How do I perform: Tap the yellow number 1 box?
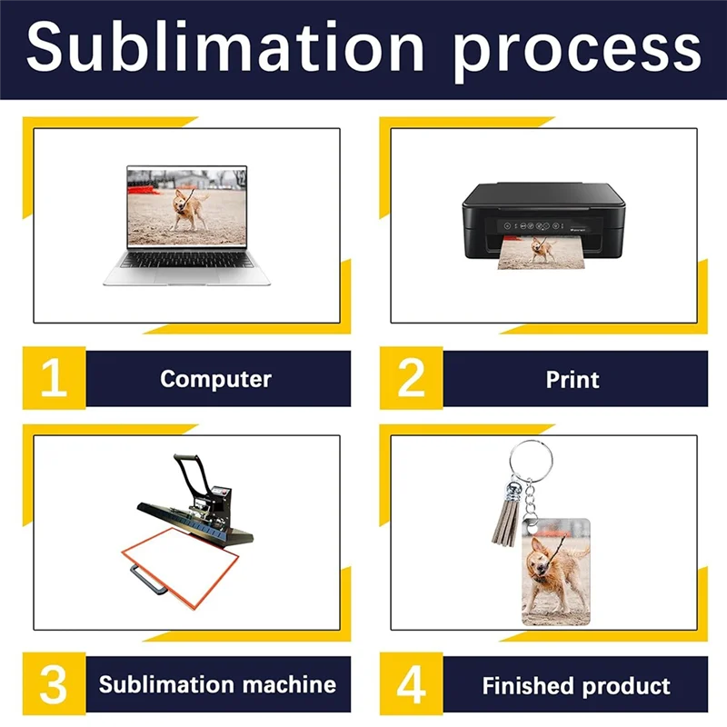click(54, 378)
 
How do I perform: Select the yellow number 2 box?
click(411, 378)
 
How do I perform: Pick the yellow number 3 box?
click(54, 684)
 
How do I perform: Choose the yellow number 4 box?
click(411, 684)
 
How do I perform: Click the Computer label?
click(216, 379)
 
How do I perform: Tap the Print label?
click(573, 379)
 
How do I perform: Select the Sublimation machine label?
click(217, 684)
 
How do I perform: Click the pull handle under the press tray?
click(153, 573)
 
